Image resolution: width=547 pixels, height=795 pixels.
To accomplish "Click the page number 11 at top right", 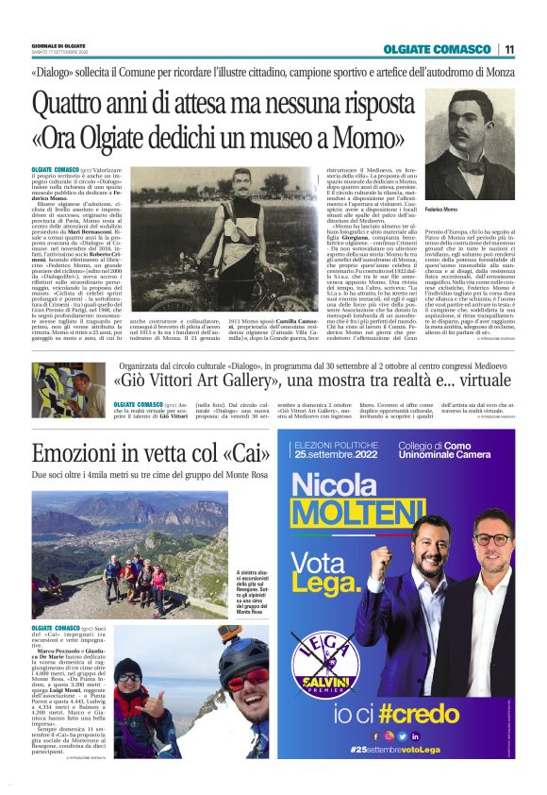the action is point(508,49).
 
